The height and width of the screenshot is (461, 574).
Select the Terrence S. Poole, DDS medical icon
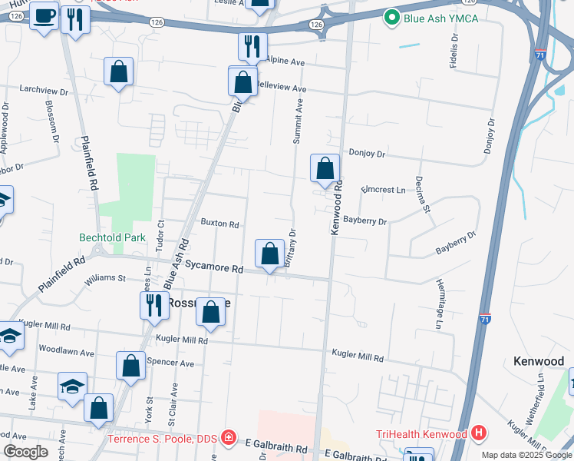[x=228, y=439]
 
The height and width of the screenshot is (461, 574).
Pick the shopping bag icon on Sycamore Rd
[x=269, y=254]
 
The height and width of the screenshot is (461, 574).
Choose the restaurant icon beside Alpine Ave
[x=252, y=47]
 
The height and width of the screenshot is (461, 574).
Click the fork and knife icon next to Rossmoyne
[x=154, y=304]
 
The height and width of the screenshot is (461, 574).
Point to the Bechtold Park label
[x=112, y=238]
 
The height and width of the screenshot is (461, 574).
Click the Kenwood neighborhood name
[x=538, y=361]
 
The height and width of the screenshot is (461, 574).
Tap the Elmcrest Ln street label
[x=383, y=189]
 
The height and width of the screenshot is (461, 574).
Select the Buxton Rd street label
[x=219, y=224]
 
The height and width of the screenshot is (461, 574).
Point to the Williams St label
[x=105, y=277]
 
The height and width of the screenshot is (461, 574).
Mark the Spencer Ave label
[x=174, y=362]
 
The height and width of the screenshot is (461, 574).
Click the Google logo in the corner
[x=25, y=452]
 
